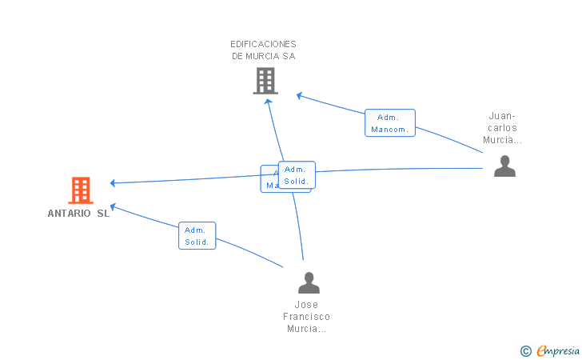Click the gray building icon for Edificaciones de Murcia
click(x=265, y=81)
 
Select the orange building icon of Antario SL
click(x=81, y=190)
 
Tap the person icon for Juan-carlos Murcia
click(x=504, y=166)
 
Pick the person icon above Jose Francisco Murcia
click(x=309, y=282)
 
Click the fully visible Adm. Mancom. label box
click(x=390, y=123)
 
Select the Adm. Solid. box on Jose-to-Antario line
click(x=197, y=235)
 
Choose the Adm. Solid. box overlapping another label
click(x=297, y=175)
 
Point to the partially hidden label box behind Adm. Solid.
click(x=269, y=179)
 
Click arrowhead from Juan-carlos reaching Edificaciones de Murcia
click(x=300, y=96)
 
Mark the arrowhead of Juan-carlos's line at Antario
click(x=114, y=183)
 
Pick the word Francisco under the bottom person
click(x=306, y=317)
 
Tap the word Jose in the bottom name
click(x=306, y=305)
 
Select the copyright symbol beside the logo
click(x=525, y=350)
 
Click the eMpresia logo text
click(x=558, y=350)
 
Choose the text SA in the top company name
click(x=289, y=56)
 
